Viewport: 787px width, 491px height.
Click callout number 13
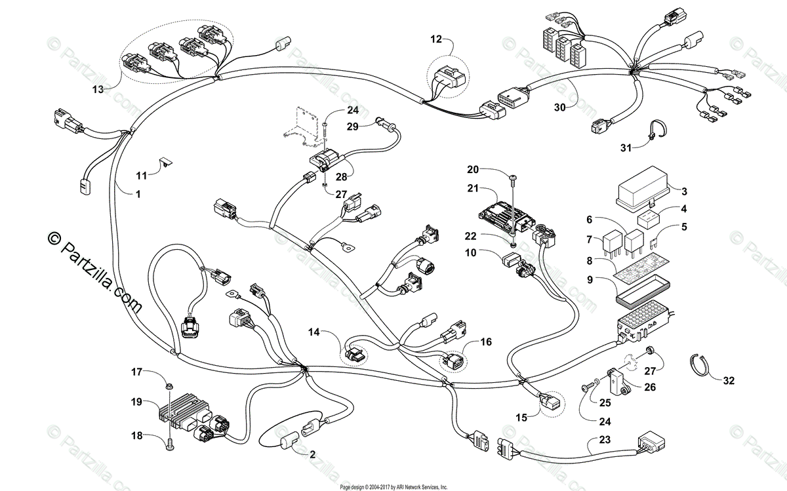pos(98,89)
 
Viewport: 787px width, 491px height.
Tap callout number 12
pos(437,39)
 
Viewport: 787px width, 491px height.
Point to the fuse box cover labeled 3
pos(645,190)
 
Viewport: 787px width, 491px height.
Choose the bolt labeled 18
pos(169,444)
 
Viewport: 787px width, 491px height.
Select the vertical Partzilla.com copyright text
pos(92,269)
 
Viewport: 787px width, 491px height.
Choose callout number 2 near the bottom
pos(312,454)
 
